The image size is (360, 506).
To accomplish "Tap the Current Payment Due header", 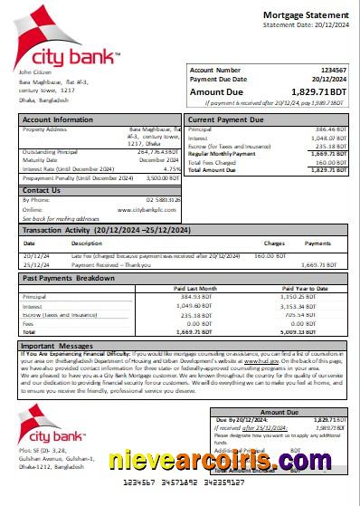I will pos(226,119).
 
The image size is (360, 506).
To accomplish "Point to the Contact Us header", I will pos(42,190).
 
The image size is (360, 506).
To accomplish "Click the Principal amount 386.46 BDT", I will pos(327,130).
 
